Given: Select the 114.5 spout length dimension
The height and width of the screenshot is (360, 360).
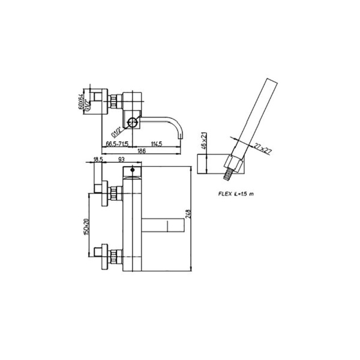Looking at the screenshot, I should coord(157,145).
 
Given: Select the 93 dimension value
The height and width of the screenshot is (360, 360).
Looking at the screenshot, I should coord(121,160).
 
